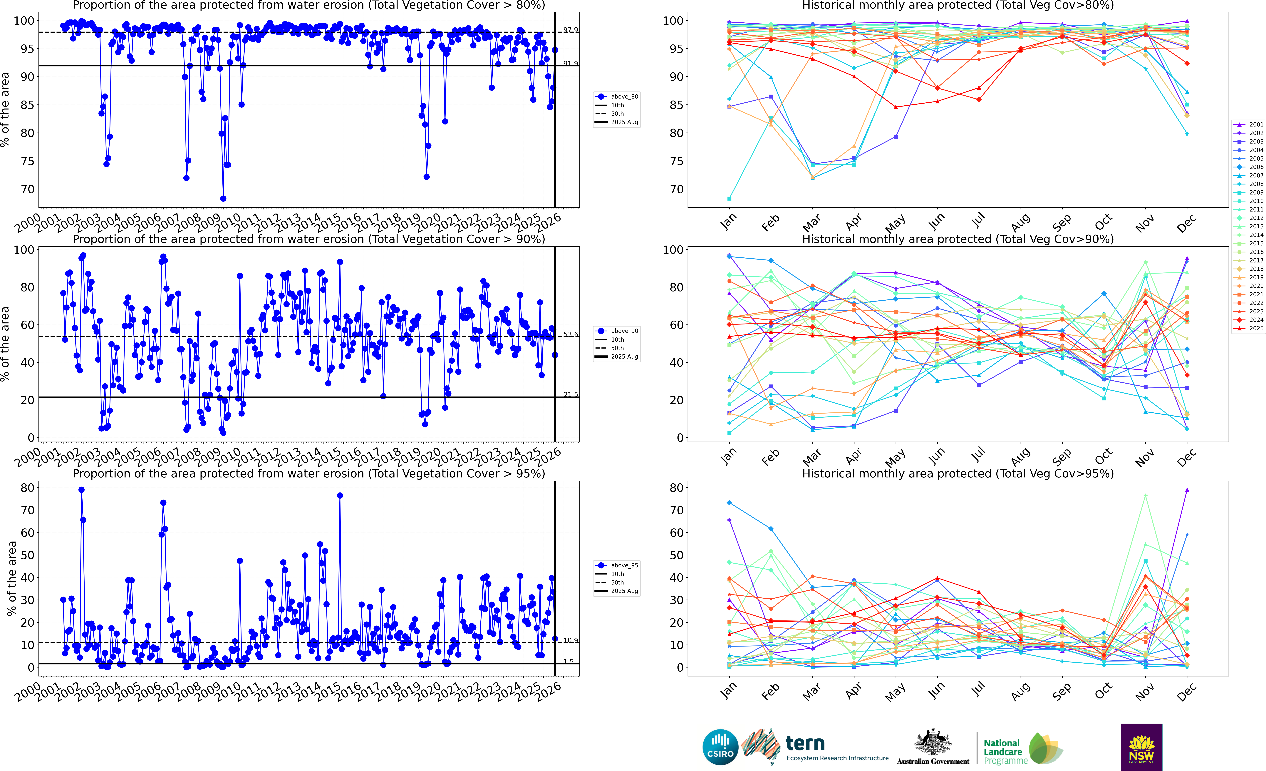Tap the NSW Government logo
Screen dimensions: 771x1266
1141,747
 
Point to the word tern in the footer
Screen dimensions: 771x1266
805,743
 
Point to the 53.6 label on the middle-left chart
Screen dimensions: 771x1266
570,334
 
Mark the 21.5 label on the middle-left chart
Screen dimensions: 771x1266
570,394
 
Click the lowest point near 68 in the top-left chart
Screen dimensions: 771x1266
223,198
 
